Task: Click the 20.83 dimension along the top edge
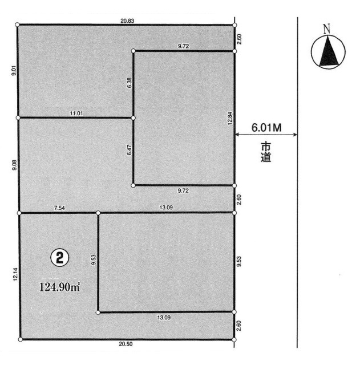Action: point(127,21)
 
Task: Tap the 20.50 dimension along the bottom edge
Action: point(126,344)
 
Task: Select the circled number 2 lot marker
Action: point(60,258)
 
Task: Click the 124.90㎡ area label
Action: point(60,287)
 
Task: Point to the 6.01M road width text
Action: point(266,128)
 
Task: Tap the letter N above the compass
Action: point(327,29)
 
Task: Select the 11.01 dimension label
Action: point(76,113)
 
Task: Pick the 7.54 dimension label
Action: point(59,208)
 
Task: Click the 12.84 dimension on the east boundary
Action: point(230,119)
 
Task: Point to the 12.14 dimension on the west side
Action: point(15,274)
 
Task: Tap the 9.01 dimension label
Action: point(14,71)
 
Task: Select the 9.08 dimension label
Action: point(14,165)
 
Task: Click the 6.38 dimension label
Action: point(130,83)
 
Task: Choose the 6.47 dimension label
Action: point(130,150)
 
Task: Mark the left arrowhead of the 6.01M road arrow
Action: point(237,135)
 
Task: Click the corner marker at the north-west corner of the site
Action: point(17,25)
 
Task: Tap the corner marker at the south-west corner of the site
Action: point(21,340)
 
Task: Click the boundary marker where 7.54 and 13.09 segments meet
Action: point(98,213)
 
